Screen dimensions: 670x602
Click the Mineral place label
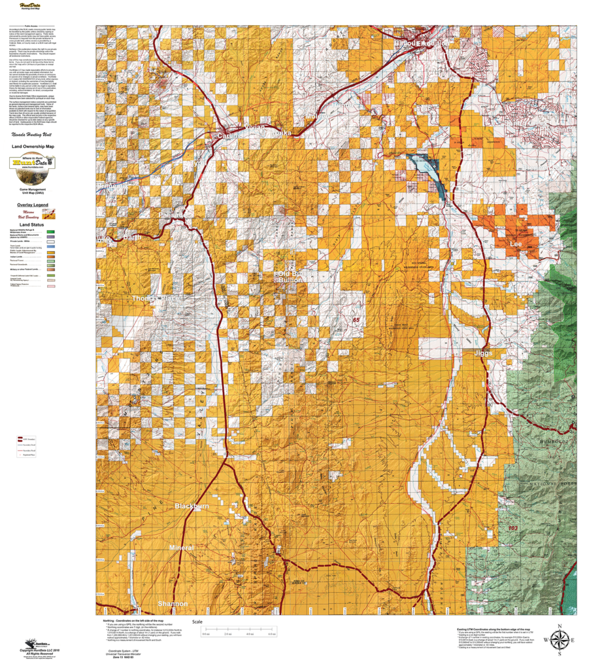coord(182,547)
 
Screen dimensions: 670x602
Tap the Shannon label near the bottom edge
coord(173,603)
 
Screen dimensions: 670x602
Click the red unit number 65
coord(356,320)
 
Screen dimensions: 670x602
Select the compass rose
coord(560,641)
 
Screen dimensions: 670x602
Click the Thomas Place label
coord(154,298)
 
